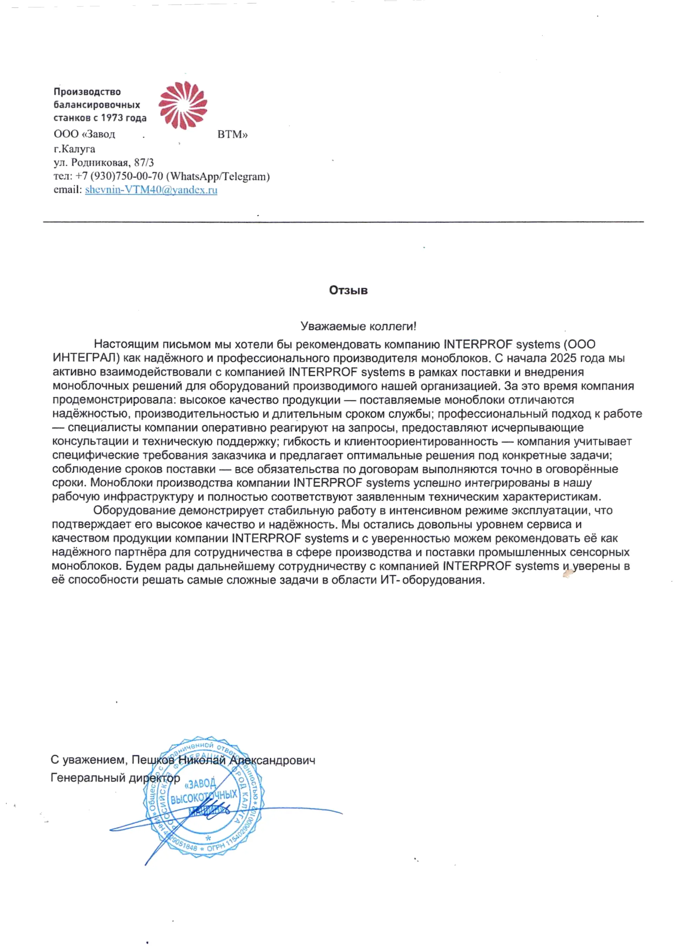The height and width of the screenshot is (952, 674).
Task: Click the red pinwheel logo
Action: pos(183,105)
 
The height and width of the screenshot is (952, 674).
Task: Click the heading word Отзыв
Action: pos(348,290)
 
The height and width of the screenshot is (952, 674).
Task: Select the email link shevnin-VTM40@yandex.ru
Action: pos(151,190)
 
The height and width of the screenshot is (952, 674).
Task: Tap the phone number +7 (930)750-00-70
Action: pos(119,176)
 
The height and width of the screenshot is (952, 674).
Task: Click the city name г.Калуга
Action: pos(74,148)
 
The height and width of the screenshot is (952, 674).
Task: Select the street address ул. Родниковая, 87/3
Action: pos(104,162)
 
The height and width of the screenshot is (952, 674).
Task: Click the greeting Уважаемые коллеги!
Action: pos(358,326)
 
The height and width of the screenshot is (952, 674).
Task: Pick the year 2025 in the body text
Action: pos(563,358)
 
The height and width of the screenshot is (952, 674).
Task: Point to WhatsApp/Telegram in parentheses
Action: pos(218,176)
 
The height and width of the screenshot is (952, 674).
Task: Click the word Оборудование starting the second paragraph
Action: pos(134,510)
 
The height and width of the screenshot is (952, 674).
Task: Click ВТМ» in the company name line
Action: pos(232,134)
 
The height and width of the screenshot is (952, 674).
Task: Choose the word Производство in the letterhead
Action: pos(87,92)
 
